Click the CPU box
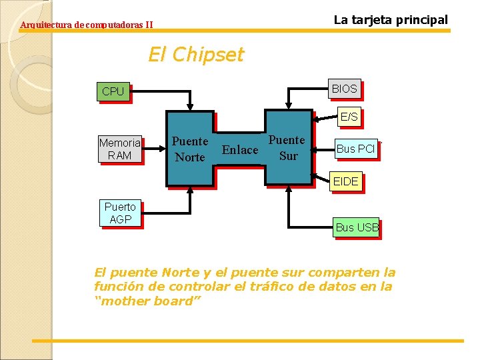point(113,91)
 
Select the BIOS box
point(344,89)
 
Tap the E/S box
point(349,117)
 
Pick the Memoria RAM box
point(120,149)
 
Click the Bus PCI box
point(355,149)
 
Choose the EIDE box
point(346,181)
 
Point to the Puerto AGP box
point(120,213)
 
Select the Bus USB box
point(357,227)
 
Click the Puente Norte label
point(190,149)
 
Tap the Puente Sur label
point(287,148)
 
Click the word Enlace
point(240,150)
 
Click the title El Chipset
point(196,55)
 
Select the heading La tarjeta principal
point(391,20)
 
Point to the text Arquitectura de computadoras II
point(87,25)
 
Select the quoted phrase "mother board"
point(148,301)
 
